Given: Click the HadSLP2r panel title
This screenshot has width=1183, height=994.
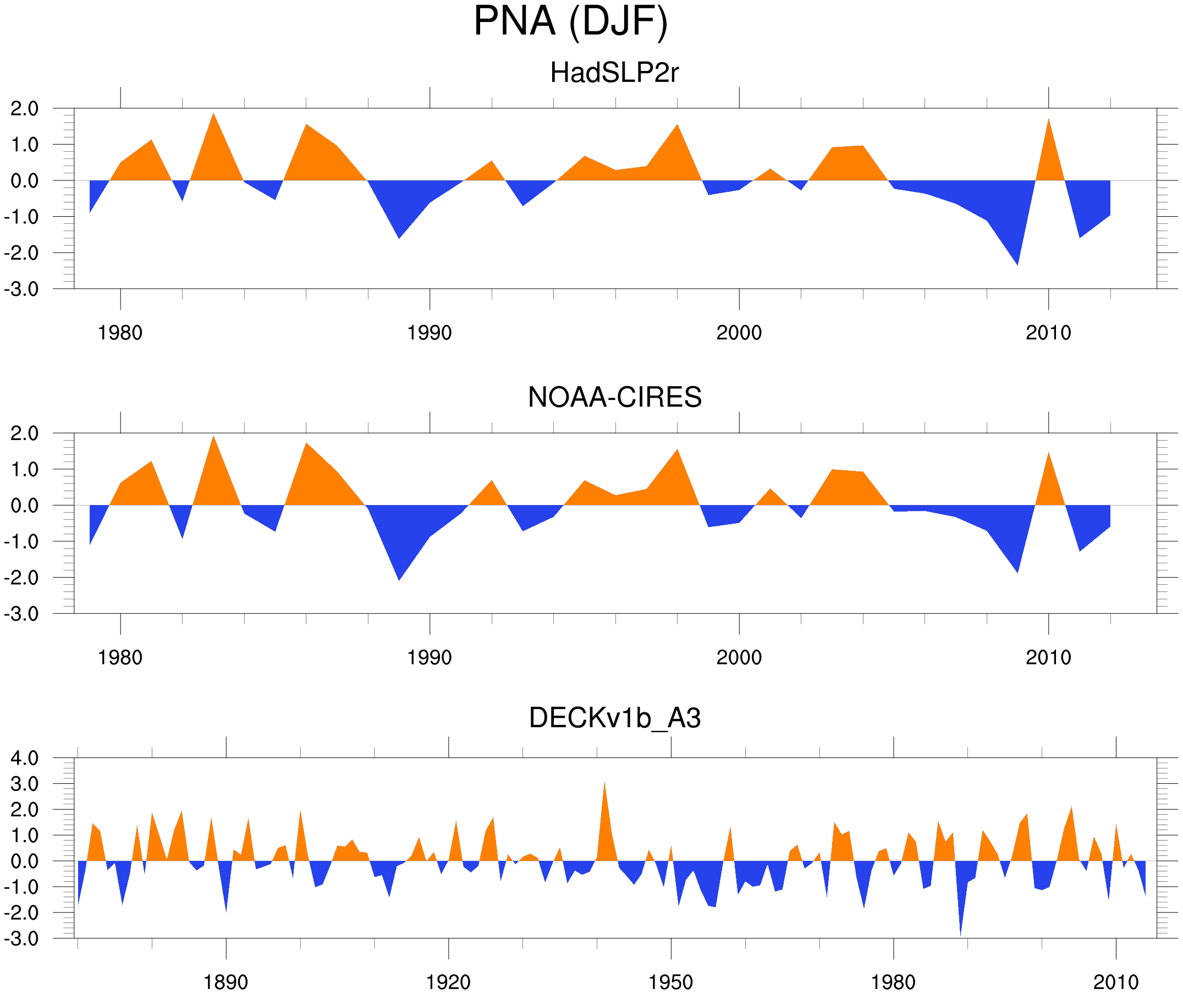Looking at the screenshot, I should [614, 73].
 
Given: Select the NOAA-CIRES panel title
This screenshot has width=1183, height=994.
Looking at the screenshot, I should [614, 397].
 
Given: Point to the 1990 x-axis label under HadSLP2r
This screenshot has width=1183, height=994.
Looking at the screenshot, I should [430, 333].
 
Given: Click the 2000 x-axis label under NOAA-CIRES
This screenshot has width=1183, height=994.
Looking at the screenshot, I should [739, 657].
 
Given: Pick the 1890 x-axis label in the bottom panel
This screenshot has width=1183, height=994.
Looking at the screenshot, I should [225, 982].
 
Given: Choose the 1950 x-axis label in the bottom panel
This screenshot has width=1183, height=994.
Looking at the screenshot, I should [670, 982].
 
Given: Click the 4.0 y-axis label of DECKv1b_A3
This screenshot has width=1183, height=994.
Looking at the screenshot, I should [25, 759].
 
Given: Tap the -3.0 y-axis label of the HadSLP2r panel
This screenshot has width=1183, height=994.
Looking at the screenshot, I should [21, 290].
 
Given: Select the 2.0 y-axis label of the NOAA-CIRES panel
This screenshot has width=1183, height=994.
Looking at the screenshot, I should [25, 434].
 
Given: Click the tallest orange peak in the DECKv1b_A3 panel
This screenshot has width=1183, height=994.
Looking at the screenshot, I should [604, 785].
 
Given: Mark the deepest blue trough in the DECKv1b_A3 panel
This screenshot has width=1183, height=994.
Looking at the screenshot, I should [960, 934].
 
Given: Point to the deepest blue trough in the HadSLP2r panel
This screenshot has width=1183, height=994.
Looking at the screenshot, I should [1017, 263].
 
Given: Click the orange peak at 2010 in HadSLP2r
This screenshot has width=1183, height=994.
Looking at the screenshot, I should [1048, 120].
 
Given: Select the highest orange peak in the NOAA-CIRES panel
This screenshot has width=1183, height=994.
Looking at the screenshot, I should [213, 437].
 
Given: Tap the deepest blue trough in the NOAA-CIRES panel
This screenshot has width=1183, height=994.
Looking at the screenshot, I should [399, 579].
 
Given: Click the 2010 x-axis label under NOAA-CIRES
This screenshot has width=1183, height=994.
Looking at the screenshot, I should [1048, 657].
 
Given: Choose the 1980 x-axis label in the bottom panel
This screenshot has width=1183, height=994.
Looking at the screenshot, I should [893, 982].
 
